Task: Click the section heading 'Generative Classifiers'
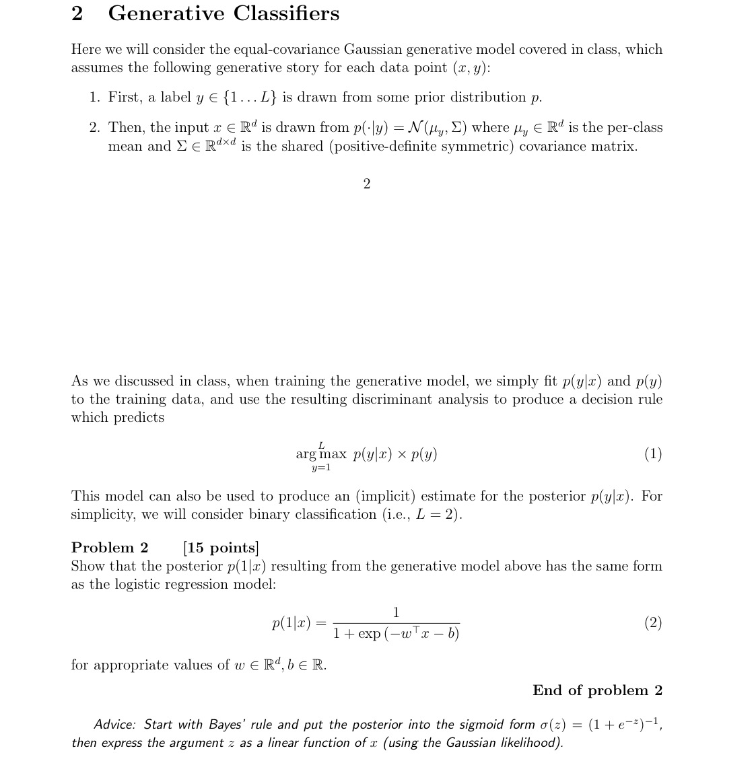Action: [x=224, y=13]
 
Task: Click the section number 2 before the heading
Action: [x=77, y=13]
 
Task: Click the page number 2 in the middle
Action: [x=366, y=184]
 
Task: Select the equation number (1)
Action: [x=652, y=454]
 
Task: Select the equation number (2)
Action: [x=652, y=623]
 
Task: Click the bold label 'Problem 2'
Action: [x=110, y=548]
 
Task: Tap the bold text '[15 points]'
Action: [x=221, y=548]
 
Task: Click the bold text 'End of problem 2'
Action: [x=597, y=690]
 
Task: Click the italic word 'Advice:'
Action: [x=114, y=725]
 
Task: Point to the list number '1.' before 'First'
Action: [x=96, y=98]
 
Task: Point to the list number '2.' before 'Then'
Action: [x=96, y=128]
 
